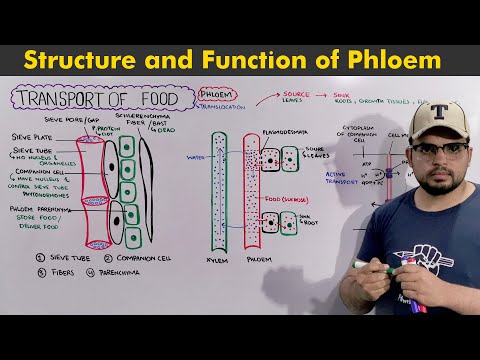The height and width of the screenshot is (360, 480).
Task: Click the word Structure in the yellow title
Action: [86, 59]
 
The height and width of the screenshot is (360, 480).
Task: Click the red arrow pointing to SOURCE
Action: [269, 98]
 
